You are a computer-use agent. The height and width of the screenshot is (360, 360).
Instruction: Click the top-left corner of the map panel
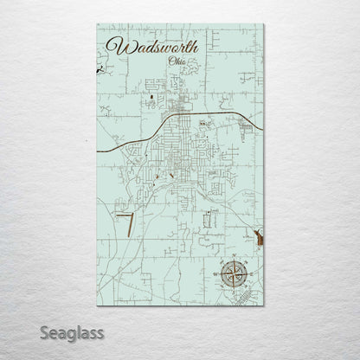[98, 25]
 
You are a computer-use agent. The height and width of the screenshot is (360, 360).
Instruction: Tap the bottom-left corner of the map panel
[98, 306]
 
